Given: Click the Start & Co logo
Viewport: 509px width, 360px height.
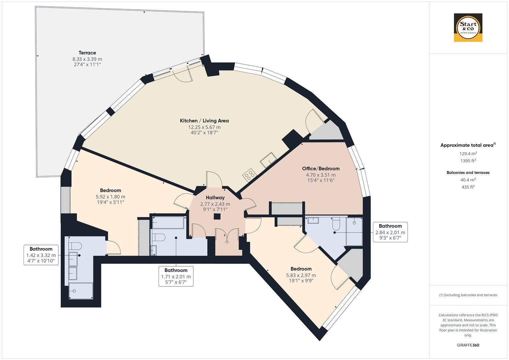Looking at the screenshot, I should [x=468, y=28].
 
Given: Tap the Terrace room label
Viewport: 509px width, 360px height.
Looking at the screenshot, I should [x=87, y=53].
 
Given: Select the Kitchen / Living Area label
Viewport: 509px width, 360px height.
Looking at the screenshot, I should [x=204, y=121].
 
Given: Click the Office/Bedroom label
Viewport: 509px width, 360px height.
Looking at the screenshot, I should [x=321, y=169].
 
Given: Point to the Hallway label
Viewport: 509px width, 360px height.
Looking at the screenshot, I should [x=215, y=198].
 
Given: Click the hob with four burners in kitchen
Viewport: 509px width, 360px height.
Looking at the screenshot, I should [x=250, y=174].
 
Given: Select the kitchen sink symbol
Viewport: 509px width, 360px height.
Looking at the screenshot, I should [x=268, y=160].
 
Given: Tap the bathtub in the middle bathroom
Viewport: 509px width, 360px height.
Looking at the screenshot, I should [x=168, y=223].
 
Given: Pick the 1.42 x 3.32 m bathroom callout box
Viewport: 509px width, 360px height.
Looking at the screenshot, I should [x=41, y=255].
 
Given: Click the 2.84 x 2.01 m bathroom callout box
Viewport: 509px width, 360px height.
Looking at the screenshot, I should [x=390, y=232].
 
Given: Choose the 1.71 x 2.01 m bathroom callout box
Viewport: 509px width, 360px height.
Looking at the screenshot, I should [x=176, y=276].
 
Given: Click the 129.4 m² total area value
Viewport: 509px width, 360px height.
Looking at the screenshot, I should [x=468, y=154].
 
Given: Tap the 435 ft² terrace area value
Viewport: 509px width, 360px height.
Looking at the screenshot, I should [x=468, y=187].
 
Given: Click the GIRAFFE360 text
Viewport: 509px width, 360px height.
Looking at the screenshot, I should [x=468, y=345].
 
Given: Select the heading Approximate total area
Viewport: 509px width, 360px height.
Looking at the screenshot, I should [x=467, y=145].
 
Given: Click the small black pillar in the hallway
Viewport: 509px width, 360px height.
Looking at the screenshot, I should [x=217, y=217].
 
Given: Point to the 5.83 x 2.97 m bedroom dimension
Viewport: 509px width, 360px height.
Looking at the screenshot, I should [x=301, y=275].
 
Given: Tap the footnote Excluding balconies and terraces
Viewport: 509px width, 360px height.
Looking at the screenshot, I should [x=468, y=295].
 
